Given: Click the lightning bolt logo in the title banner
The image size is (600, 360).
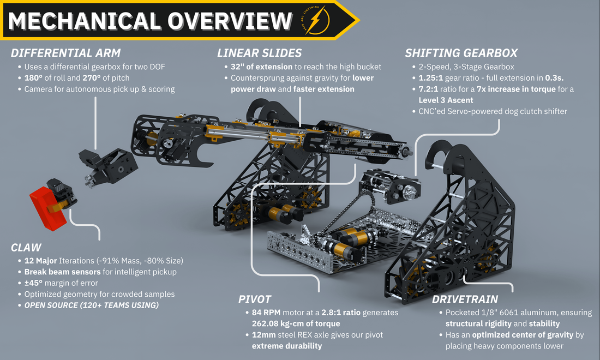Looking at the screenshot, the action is pos(316,20).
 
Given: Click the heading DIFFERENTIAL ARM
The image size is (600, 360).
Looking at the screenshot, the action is pos(66,53).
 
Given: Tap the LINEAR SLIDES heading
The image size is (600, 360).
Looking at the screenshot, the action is pos(260,53).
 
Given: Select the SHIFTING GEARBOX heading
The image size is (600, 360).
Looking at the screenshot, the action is pos(461,53).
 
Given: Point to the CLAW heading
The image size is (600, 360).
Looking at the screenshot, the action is pos(26,248).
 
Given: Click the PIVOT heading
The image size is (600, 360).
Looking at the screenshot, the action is pos(255,299).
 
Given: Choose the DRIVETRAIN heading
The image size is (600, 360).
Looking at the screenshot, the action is pos(465,299).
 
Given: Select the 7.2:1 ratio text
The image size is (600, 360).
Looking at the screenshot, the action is pos(428,89).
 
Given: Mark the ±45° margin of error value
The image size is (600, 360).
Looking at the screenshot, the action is pos(33,283).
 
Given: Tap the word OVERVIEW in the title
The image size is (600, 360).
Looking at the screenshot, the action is pos(230,21).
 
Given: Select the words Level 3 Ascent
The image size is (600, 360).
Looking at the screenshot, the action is pos(446,100).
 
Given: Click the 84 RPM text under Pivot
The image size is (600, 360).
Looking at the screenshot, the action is pos(266,313).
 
